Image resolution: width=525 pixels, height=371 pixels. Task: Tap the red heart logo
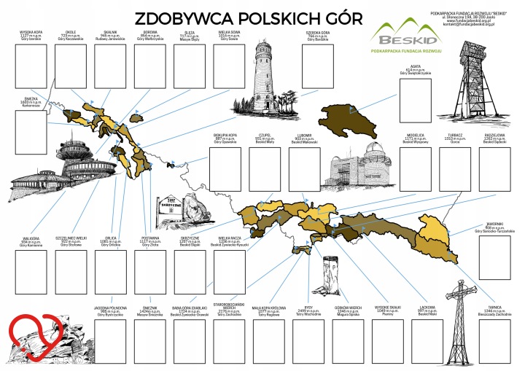click(x=34, y=337)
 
